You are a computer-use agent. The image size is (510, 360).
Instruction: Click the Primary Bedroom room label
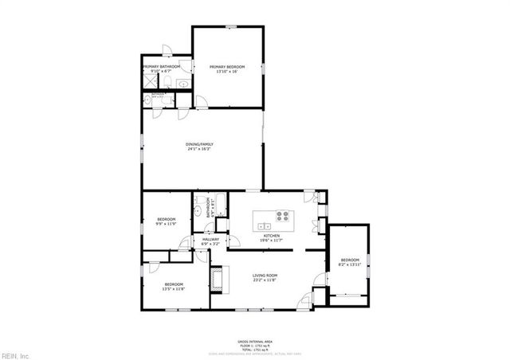[227, 66]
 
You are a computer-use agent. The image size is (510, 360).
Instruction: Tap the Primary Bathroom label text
[162, 66]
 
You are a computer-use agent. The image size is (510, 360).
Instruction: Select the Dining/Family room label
[200, 144]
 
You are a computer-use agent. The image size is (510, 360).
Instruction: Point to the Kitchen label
[273, 236]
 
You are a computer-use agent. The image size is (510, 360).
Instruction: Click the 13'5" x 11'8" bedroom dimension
[174, 289]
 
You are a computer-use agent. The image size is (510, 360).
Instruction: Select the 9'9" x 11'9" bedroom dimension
[166, 224]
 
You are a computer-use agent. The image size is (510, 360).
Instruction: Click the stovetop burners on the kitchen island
[283, 214]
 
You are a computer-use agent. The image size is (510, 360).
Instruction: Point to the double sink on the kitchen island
[262, 226]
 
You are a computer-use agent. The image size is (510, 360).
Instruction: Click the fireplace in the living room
[217, 277]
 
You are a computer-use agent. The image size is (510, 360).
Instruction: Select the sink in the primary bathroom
[182, 83]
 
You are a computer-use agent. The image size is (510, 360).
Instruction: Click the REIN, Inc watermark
[15, 354]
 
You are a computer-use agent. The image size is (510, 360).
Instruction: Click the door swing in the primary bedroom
[202, 101]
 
